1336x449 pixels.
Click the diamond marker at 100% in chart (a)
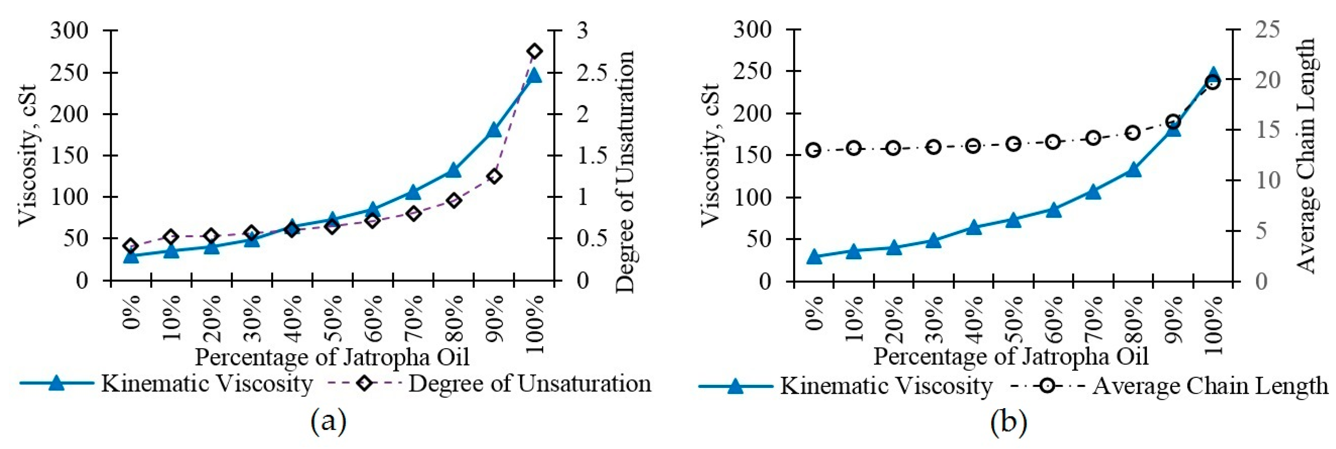click(535, 51)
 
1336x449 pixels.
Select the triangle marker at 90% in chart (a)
click(494, 130)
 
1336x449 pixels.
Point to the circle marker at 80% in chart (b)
click(1133, 132)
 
